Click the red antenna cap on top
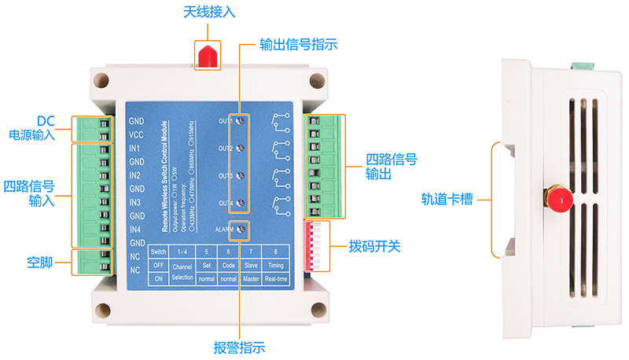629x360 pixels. point(208,55)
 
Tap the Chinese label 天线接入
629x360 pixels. point(208,13)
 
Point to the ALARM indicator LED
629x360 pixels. point(242,230)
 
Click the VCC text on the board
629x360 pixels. point(135,134)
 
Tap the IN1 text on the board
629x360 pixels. point(135,149)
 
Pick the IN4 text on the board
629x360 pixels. point(135,229)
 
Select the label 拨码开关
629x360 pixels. point(375,247)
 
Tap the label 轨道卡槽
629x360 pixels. point(447,200)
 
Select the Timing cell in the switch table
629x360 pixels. point(276,265)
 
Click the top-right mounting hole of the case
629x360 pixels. point(316,81)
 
